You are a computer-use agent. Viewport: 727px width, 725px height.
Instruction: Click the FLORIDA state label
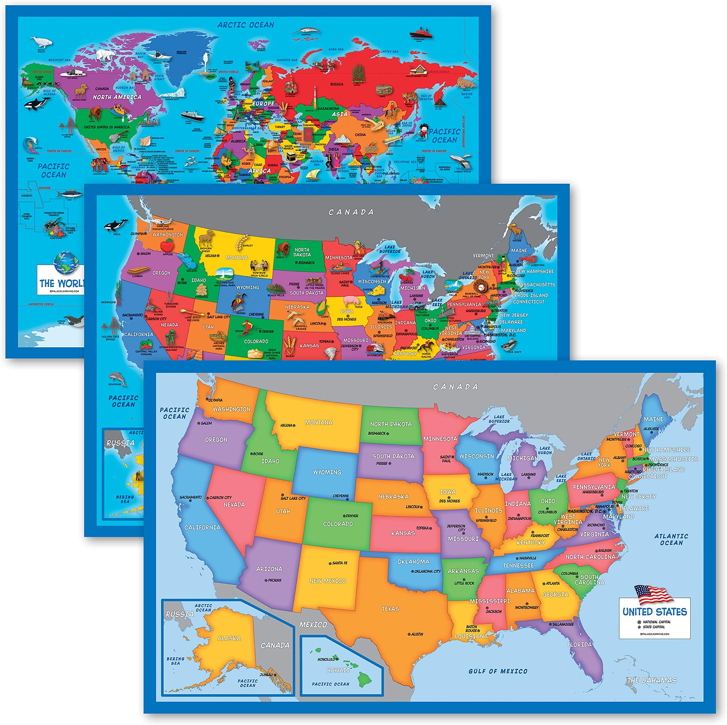(580, 644)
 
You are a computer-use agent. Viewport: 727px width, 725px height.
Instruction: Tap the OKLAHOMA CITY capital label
(427, 571)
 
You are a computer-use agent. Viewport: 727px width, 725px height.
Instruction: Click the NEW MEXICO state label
(327, 581)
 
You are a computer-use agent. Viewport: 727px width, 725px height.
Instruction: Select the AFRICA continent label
(260, 170)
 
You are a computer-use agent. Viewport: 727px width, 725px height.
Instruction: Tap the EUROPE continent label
(263, 103)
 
